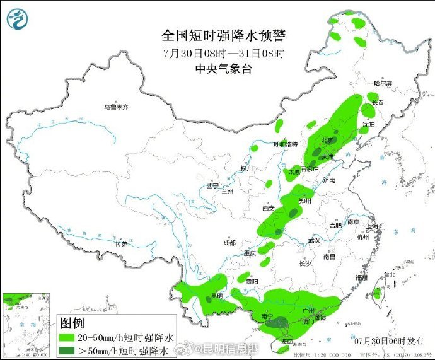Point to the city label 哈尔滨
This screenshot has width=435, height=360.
click(383, 83)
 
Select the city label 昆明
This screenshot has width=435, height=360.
click(217, 295)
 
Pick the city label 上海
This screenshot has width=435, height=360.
click(374, 226)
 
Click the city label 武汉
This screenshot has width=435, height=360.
click(314, 240)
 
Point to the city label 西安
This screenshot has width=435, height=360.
click(268, 208)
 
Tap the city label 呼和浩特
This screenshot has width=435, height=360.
click(285, 144)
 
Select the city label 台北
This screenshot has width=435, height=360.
click(389, 274)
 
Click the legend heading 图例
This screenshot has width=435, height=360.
click(72, 323)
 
